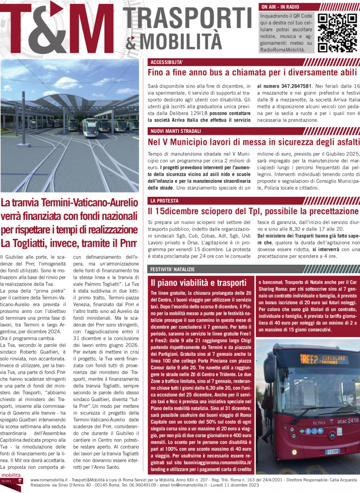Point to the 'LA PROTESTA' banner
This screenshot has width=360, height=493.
click(x=165, y=200)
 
